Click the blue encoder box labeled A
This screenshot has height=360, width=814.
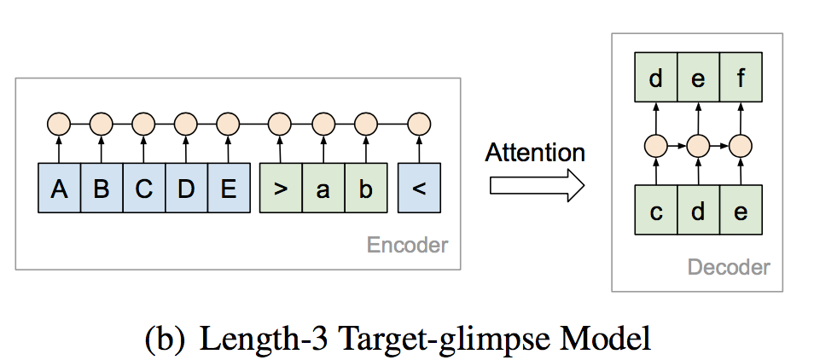point(59,189)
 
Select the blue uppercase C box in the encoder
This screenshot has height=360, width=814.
point(143,189)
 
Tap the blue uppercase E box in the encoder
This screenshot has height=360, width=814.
point(227,189)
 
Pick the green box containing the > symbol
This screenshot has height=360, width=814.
point(280,189)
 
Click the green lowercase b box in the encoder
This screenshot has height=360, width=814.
point(365,189)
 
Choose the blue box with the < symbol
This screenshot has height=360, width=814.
point(418,189)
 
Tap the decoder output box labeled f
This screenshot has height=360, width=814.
point(739,79)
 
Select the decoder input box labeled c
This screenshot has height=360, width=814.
point(655,211)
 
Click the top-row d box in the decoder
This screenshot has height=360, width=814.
point(655,79)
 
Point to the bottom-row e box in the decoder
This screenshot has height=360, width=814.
point(739,211)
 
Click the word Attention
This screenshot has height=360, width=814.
point(535,153)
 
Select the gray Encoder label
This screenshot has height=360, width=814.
point(407,246)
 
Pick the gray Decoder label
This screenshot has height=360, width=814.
point(729,268)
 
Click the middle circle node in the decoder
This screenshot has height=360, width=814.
point(697,145)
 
